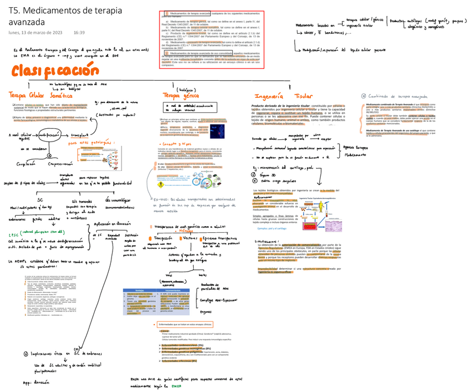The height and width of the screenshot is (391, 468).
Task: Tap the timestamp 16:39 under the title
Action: tap(79, 33)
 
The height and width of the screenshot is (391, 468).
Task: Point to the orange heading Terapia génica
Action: tap(179, 96)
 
